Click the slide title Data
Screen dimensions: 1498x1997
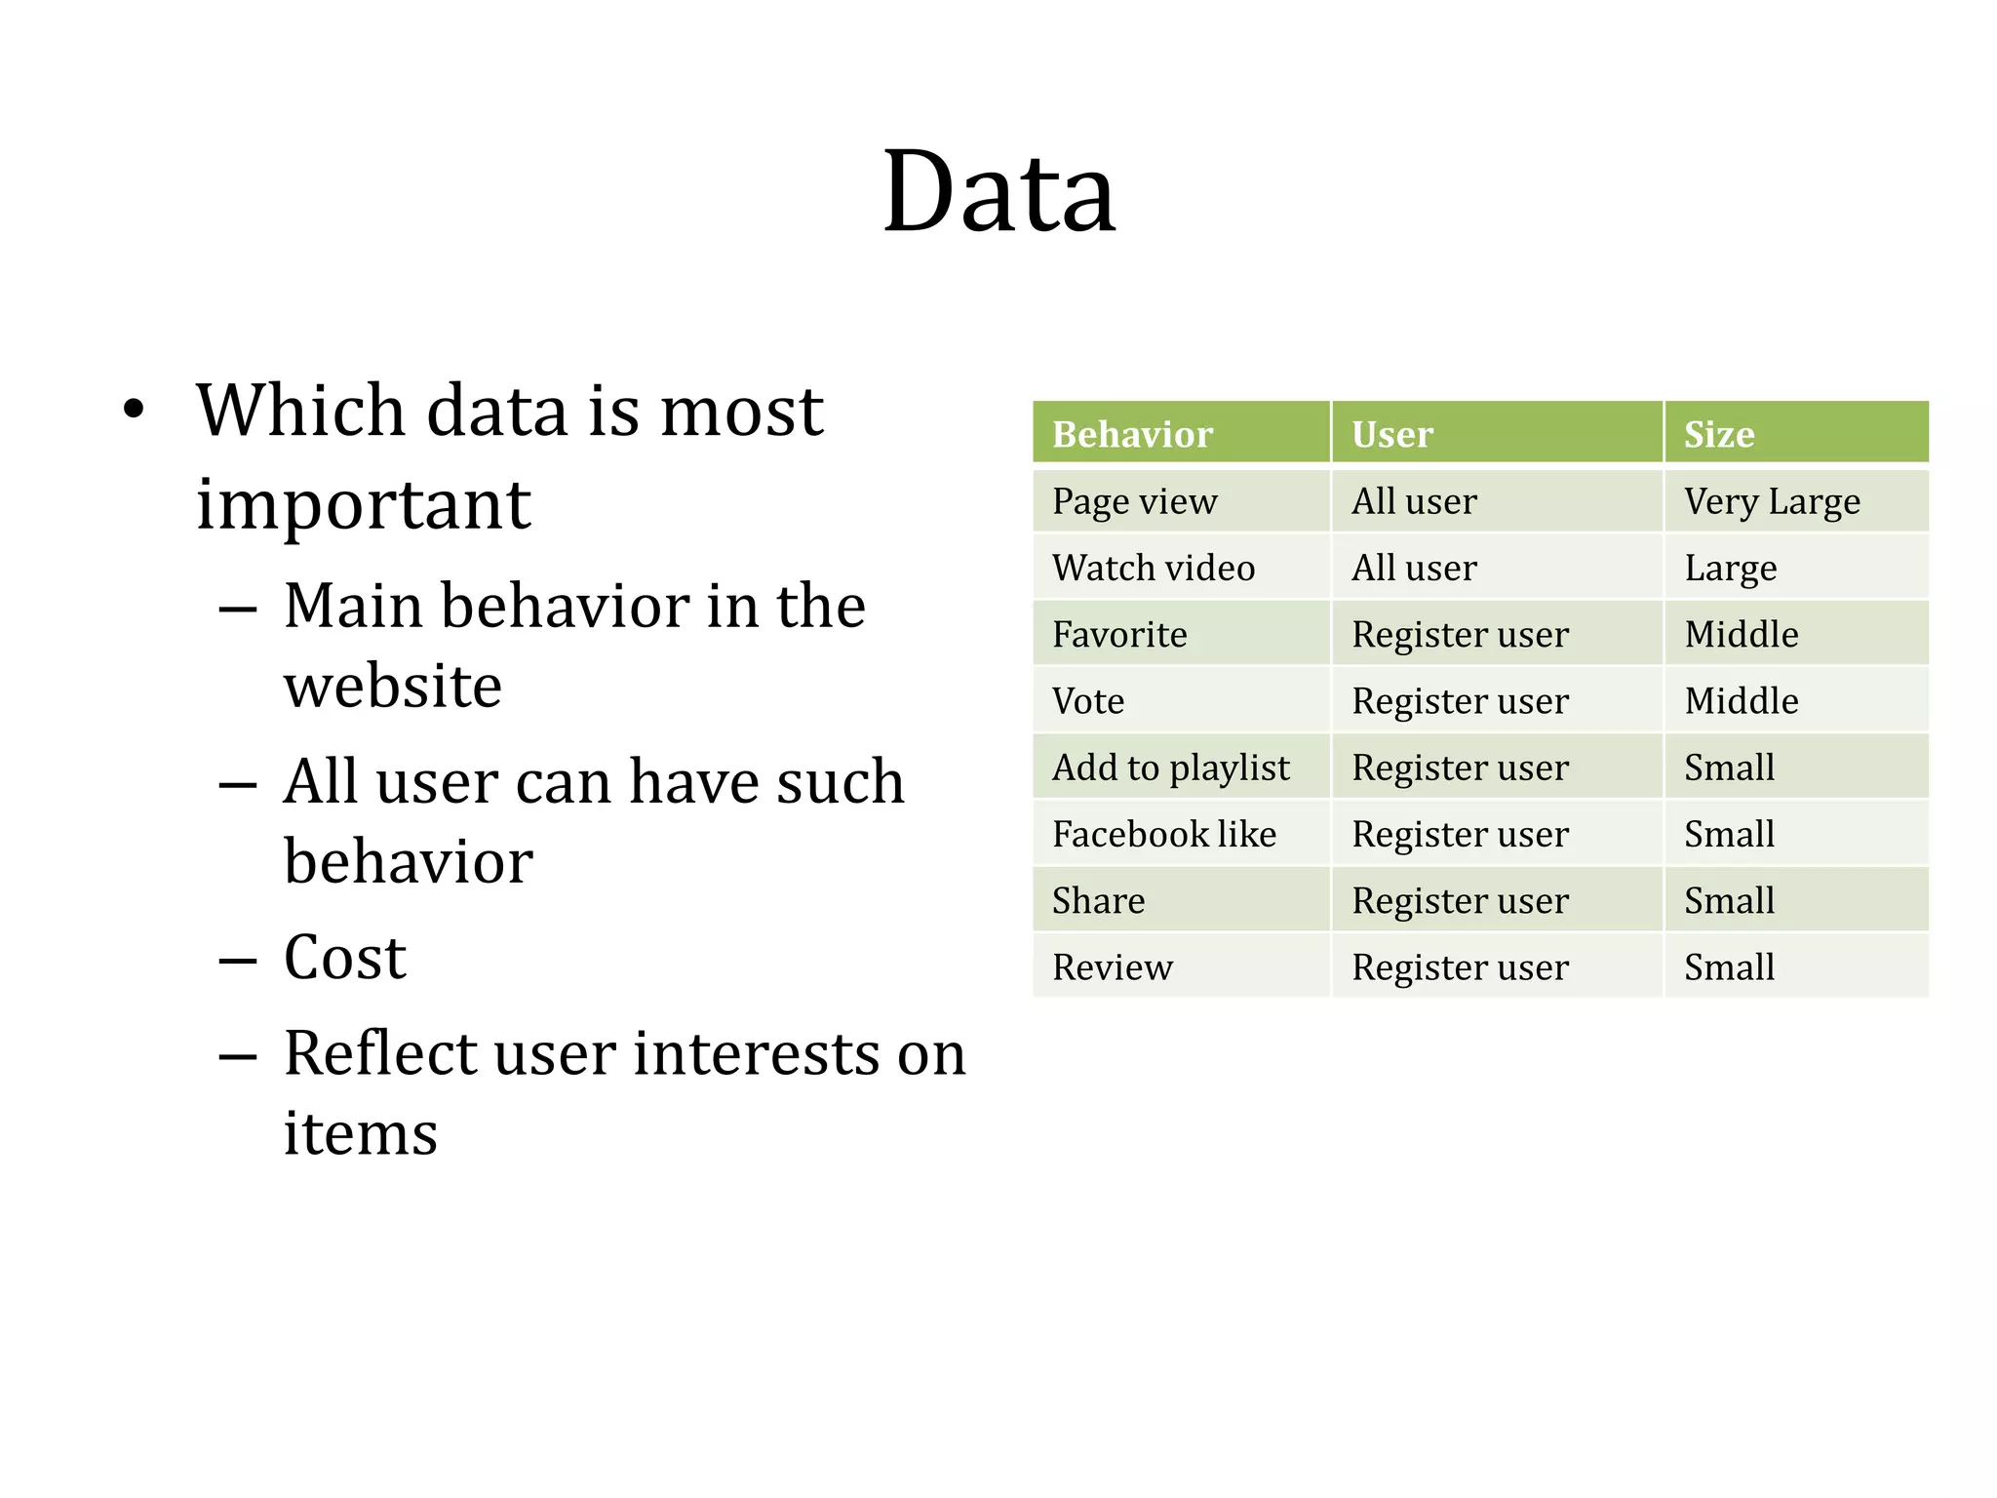[998, 192]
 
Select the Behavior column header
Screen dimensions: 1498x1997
[1132, 434]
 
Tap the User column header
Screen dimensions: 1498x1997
[1391, 434]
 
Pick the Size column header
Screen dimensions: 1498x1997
[1718, 434]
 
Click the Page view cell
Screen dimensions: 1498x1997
[1134, 501]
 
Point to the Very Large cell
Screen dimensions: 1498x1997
[1772, 501]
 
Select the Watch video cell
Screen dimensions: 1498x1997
[1153, 568]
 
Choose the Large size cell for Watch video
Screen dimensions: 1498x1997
[1730, 568]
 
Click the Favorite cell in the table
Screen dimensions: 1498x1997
[1119, 635]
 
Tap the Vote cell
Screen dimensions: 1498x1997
[1087, 701]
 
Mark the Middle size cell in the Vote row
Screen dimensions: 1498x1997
[1741, 701]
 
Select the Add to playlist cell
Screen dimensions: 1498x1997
[1170, 768]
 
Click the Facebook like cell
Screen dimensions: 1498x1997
[1163, 835]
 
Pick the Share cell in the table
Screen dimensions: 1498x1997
[1098, 901]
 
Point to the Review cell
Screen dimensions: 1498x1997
[1112, 967]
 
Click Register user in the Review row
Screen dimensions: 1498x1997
[1460, 967]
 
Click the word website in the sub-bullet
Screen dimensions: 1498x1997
[393, 685]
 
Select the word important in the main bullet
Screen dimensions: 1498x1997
[363, 504]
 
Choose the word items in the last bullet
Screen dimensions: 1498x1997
[360, 1133]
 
